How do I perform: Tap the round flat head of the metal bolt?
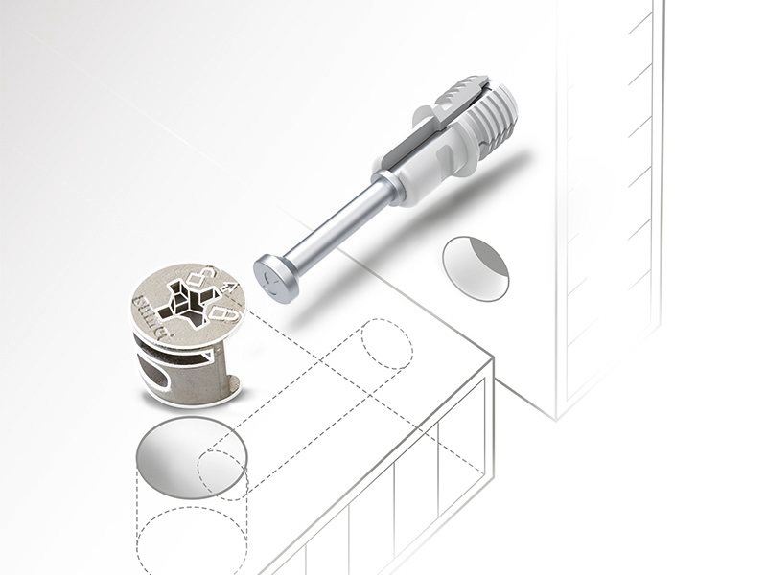[275, 278]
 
